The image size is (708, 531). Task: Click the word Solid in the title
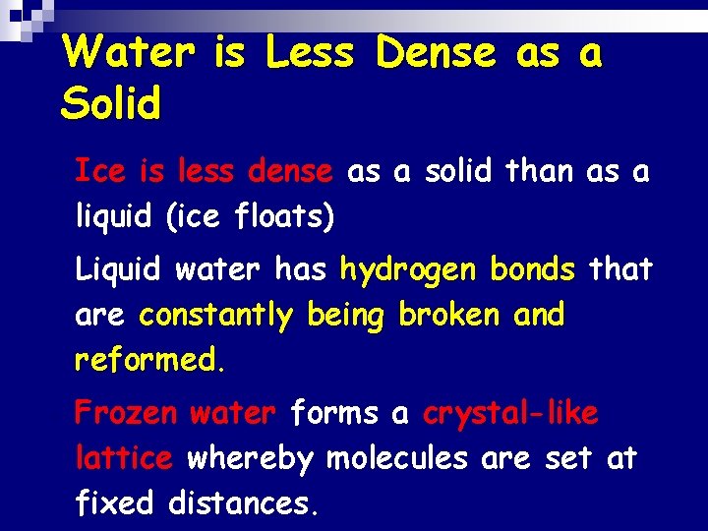pos(109,101)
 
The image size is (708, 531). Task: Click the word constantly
pos(216,316)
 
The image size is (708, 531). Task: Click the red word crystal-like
pos(509,414)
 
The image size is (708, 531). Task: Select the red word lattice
pos(124,457)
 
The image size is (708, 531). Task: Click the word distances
pos(244,503)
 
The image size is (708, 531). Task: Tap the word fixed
pos(115,503)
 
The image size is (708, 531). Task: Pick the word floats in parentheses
pos(279,217)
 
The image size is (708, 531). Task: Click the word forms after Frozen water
pos(335,413)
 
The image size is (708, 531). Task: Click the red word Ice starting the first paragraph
pos(99,172)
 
